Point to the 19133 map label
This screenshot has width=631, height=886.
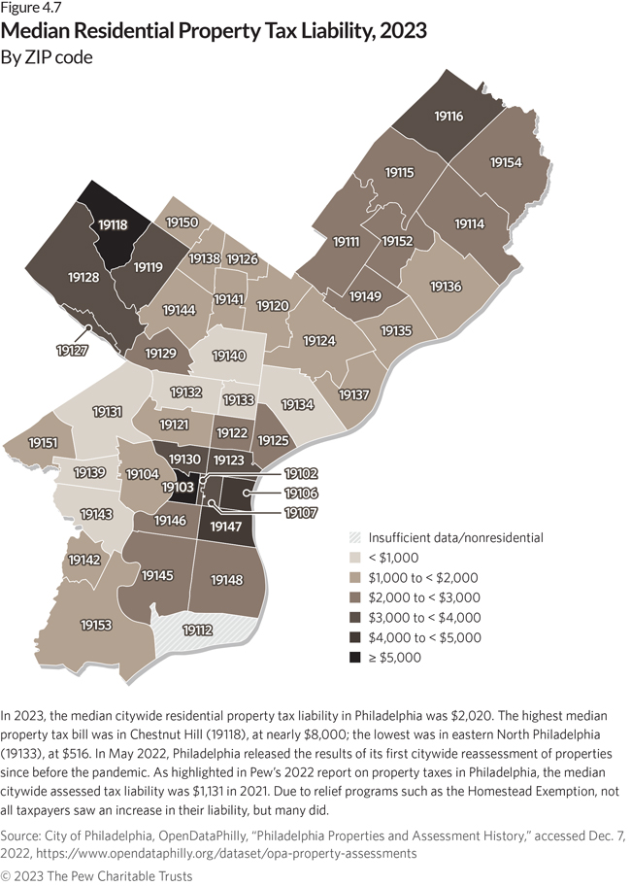[238, 399]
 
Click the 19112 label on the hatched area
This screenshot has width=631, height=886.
[198, 630]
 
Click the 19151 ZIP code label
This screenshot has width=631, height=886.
[43, 442]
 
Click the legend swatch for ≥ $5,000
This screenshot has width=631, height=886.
[355, 657]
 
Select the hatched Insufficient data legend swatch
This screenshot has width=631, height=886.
[355, 537]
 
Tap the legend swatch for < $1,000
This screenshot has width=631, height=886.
[355, 558]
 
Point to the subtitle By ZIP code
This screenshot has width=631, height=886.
[48, 57]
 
